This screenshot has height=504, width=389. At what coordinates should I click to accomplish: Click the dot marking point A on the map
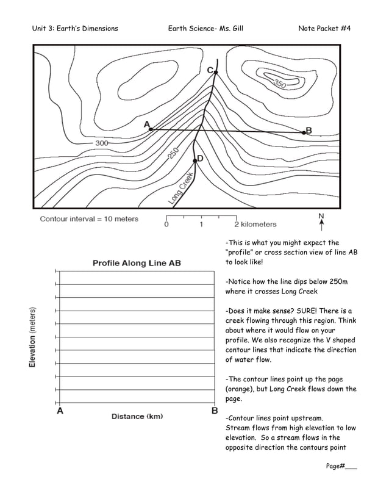tap(151, 129)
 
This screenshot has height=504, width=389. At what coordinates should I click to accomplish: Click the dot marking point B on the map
tap(303, 132)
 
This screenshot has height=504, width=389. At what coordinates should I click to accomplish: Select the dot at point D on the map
tap(194, 160)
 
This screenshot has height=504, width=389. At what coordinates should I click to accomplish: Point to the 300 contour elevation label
tap(102, 143)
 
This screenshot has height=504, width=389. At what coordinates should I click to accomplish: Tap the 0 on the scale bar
tap(166, 225)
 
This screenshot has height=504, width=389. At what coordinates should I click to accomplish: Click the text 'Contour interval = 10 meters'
tap(89, 219)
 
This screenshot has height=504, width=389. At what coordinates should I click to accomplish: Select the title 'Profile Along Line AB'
tap(137, 263)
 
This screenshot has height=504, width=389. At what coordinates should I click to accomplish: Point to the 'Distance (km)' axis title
tap(137, 416)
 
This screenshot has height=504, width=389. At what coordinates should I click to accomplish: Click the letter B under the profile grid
tap(215, 411)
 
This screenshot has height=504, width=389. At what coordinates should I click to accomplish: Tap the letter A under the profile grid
tap(60, 411)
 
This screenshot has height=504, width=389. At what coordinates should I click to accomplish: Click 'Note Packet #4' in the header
tap(324, 29)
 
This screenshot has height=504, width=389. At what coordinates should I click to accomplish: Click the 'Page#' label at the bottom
tap(336, 466)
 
